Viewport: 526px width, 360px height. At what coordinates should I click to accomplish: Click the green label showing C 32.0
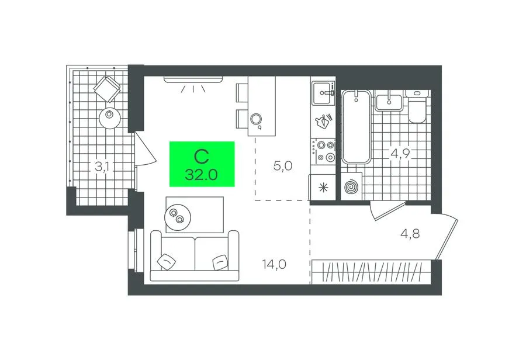(x=202, y=164)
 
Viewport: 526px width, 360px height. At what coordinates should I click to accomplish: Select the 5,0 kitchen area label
(x=283, y=166)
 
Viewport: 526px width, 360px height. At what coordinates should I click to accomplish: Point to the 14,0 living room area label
(x=275, y=264)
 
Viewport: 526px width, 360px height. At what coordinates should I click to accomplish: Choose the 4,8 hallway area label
(x=410, y=233)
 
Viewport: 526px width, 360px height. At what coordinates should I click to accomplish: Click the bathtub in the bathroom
(x=357, y=127)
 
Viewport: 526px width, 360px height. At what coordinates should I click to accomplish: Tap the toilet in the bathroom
(x=416, y=108)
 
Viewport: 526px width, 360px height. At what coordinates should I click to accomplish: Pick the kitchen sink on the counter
(x=323, y=93)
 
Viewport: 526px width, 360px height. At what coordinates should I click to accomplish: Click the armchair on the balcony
(x=108, y=89)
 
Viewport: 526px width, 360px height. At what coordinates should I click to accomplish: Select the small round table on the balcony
(x=110, y=118)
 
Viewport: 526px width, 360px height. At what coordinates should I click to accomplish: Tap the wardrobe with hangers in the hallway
(x=371, y=272)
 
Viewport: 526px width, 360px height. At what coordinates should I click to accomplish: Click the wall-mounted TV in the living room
(x=193, y=79)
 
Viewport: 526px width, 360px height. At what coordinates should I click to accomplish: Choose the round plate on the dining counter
(x=256, y=119)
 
